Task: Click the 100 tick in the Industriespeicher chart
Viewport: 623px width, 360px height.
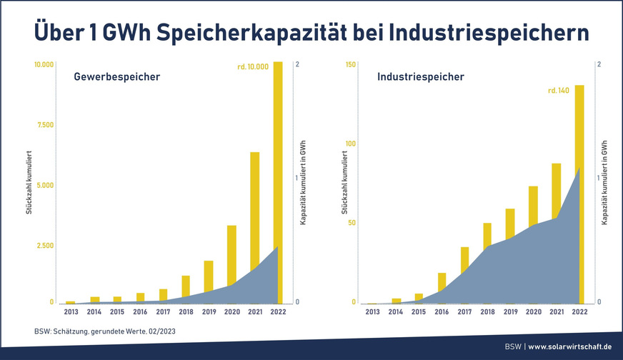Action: point(350,144)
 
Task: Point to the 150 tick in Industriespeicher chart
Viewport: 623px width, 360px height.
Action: point(350,65)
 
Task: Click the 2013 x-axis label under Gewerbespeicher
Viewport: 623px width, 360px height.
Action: point(71,312)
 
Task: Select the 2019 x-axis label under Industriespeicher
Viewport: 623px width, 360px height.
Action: point(510,312)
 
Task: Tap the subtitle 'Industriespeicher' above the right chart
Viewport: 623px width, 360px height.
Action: point(421,76)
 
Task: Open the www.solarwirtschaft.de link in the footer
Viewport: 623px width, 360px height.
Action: point(572,346)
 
